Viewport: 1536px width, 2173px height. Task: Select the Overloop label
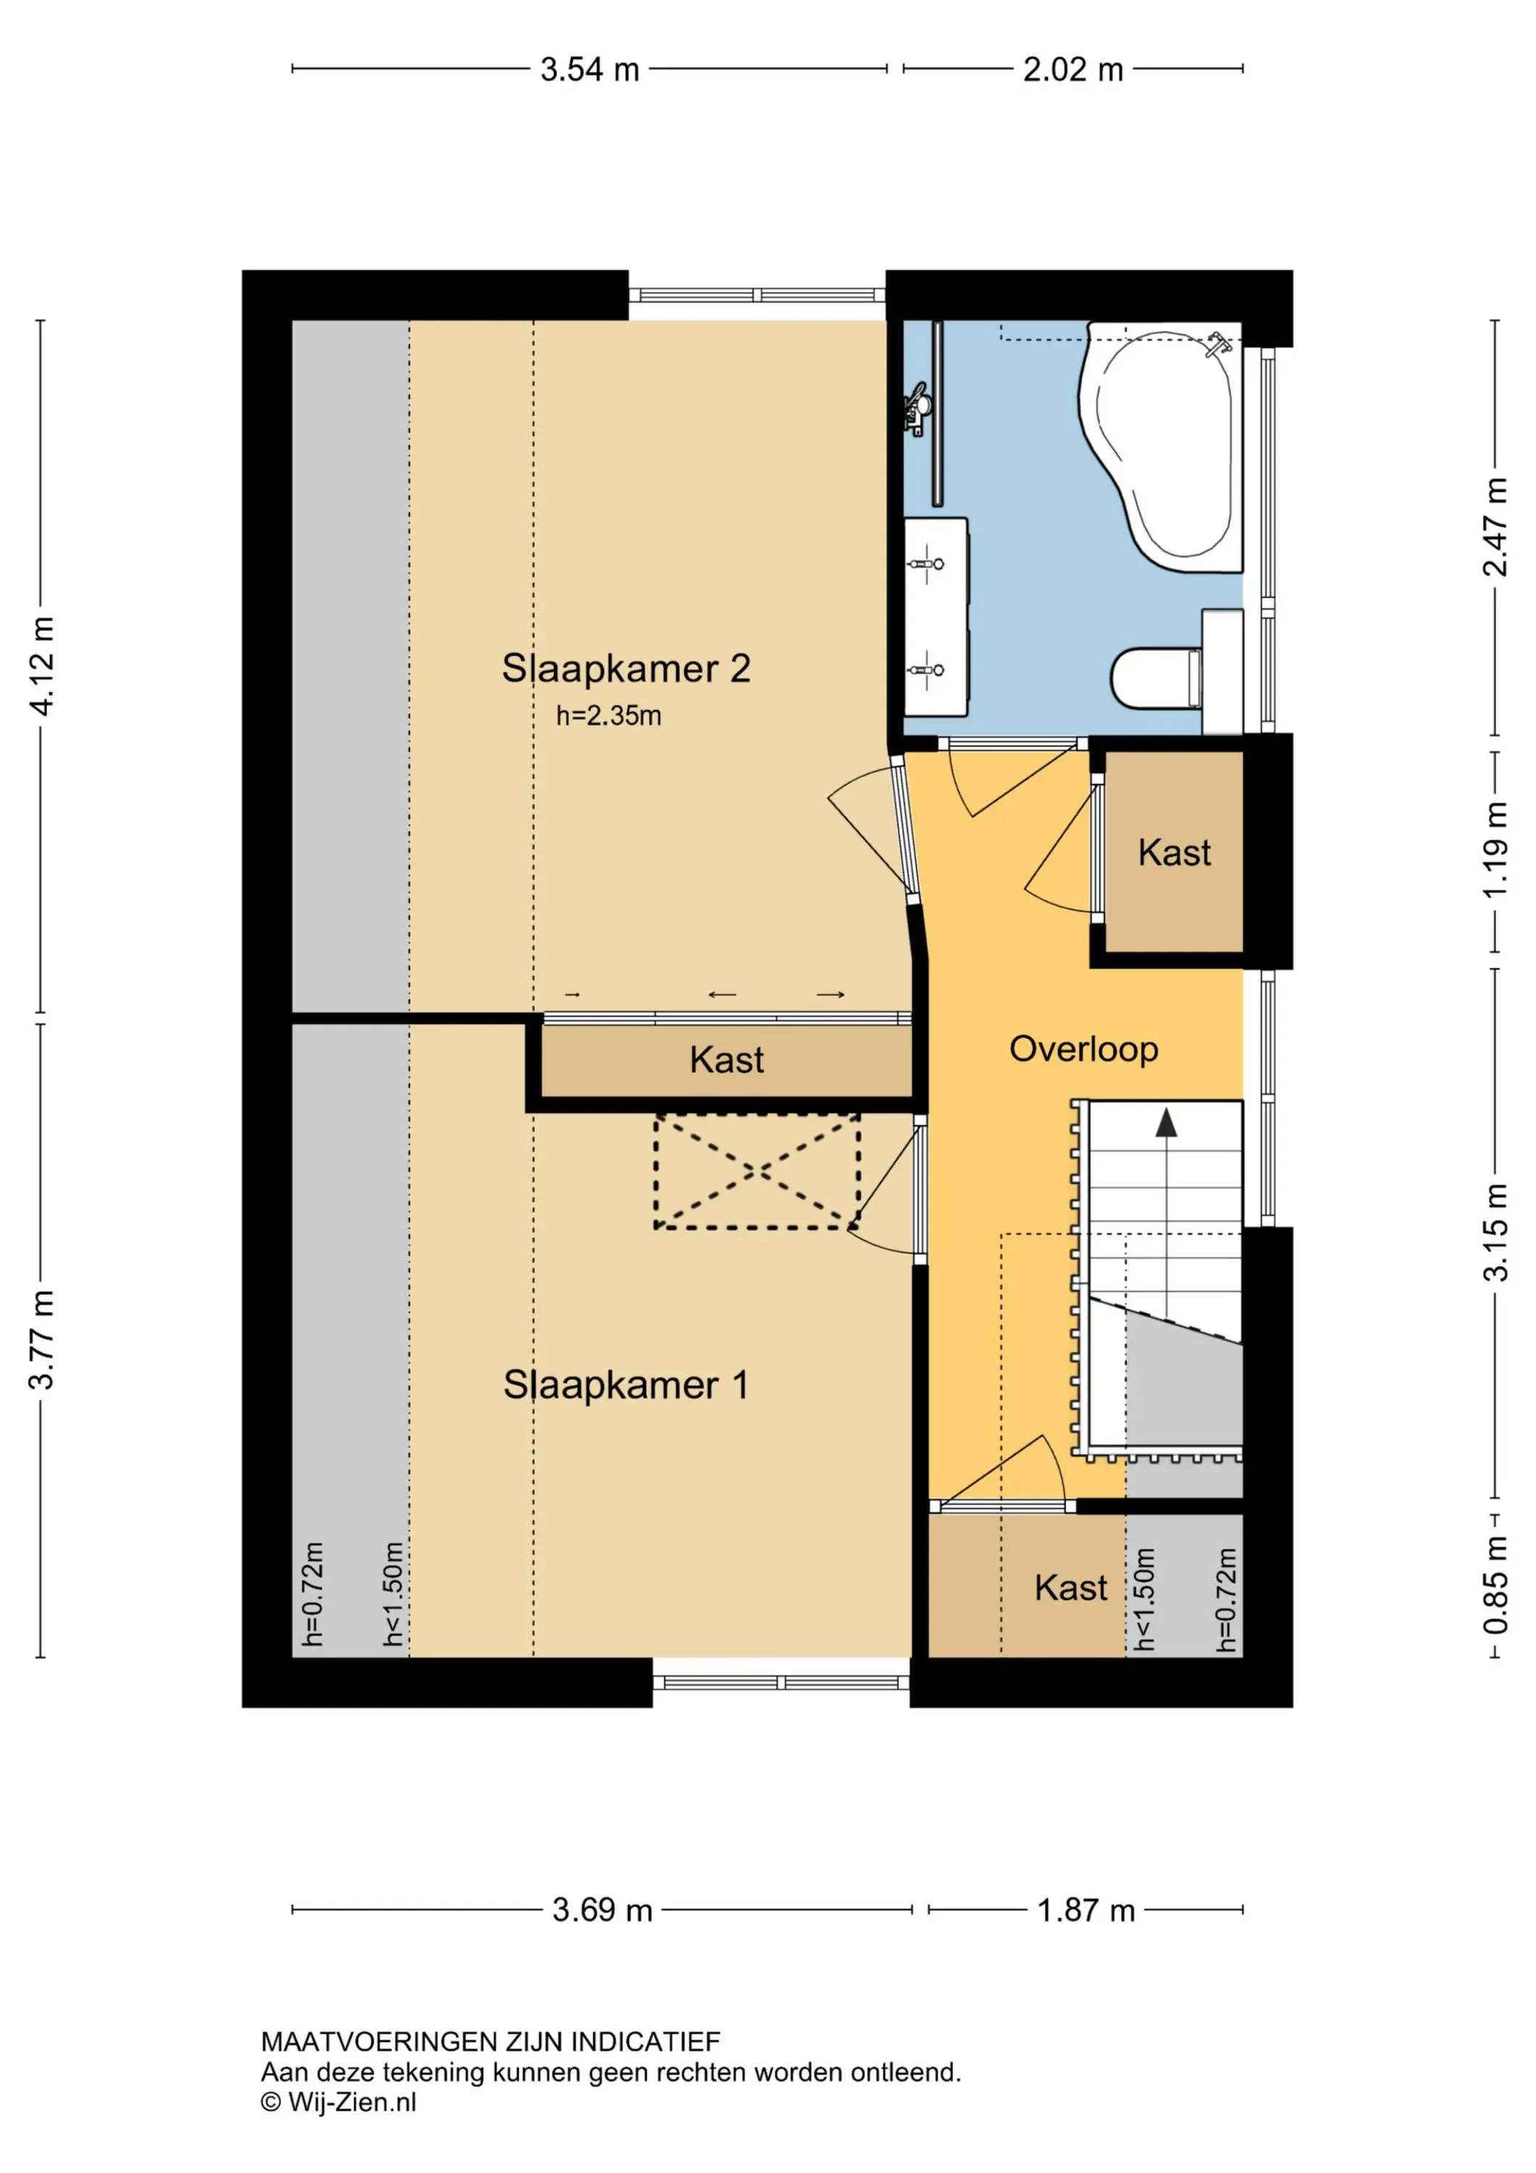point(1083,1050)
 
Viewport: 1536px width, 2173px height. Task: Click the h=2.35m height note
point(608,716)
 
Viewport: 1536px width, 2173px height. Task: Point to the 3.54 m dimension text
point(589,69)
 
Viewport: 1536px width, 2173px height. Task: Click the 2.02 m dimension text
point(1073,69)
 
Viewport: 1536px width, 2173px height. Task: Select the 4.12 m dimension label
point(43,666)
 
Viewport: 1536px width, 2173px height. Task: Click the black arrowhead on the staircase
point(1166,1123)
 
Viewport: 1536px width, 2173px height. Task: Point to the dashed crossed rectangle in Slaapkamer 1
point(757,1172)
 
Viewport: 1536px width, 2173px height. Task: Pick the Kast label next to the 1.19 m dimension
point(1175,853)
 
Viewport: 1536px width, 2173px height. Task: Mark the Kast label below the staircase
point(1070,1588)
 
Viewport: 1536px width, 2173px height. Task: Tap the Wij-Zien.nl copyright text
point(339,2102)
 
